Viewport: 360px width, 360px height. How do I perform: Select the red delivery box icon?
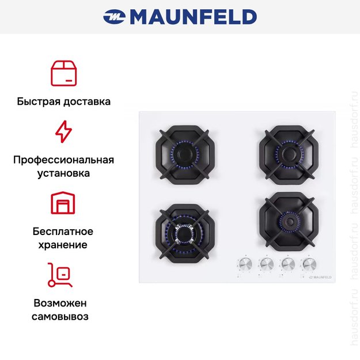[63, 73]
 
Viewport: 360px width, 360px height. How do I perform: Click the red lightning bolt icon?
[63, 131]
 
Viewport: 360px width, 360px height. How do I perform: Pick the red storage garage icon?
[63, 203]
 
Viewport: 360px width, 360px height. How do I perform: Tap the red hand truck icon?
[60, 275]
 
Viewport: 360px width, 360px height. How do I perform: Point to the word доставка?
[87, 101]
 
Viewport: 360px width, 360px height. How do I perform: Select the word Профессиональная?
[63, 160]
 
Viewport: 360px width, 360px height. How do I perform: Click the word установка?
[63, 173]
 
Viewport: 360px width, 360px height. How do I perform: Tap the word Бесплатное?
[63, 232]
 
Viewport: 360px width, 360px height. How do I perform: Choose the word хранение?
[63, 245]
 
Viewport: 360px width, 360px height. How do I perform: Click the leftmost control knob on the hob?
[245, 264]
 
